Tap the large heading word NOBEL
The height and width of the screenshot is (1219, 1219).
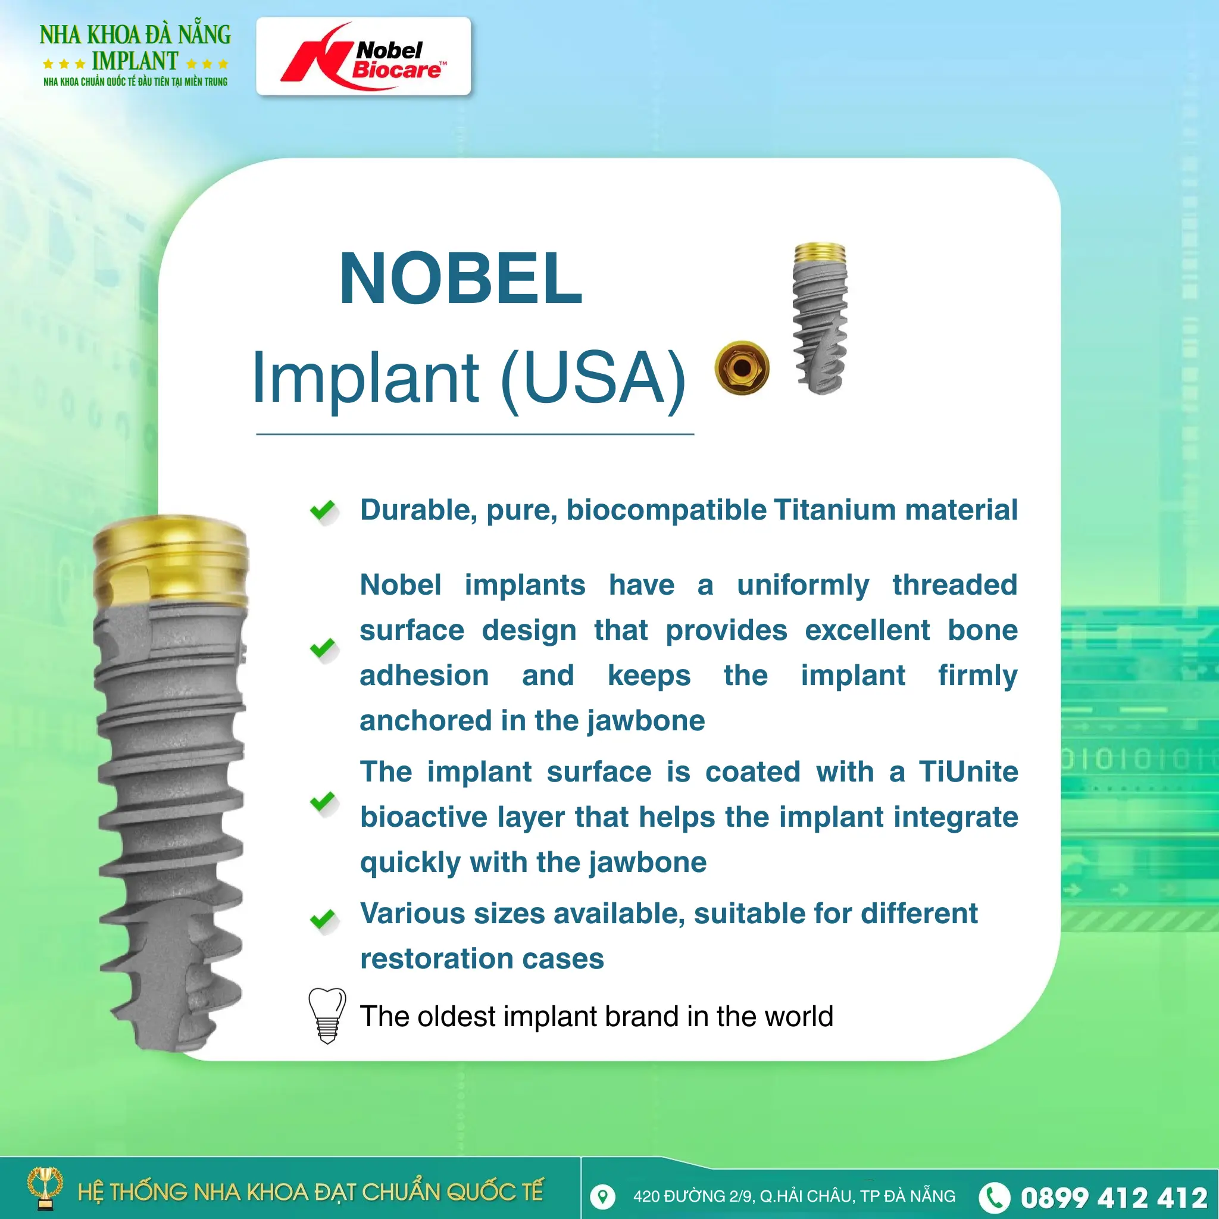click(x=460, y=278)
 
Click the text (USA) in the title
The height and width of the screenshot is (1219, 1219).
click(x=593, y=378)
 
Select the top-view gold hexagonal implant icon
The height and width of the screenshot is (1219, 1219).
click(x=742, y=368)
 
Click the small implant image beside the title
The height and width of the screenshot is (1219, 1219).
click(x=819, y=318)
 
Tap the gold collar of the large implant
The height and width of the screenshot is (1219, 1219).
click(x=170, y=558)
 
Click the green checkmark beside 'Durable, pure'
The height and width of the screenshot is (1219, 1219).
click(x=323, y=510)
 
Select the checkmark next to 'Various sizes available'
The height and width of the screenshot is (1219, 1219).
click(x=323, y=919)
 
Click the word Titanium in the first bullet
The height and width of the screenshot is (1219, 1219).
click(x=833, y=510)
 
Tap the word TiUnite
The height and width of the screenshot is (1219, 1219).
click(x=968, y=771)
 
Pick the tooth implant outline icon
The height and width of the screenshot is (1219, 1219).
click(x=327, y=1015)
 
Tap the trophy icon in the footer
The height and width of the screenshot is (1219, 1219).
click(x=45, y=1187)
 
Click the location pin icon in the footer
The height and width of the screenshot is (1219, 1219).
click(x=602, y=1196)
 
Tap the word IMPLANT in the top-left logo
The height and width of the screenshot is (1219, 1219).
click(x=135, y=61)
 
